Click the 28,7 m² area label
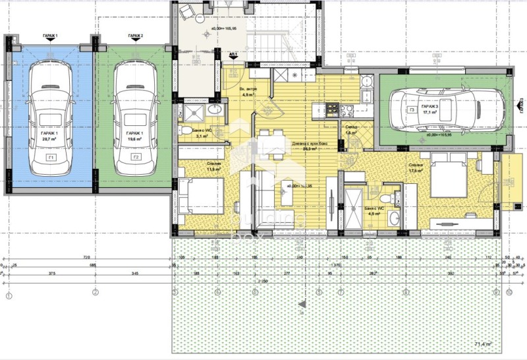point(49,139)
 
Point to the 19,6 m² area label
point(134,139)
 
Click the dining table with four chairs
point(273,143)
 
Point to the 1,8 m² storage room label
point(350,132)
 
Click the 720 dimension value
point(86,258)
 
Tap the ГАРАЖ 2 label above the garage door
point(136,36)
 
